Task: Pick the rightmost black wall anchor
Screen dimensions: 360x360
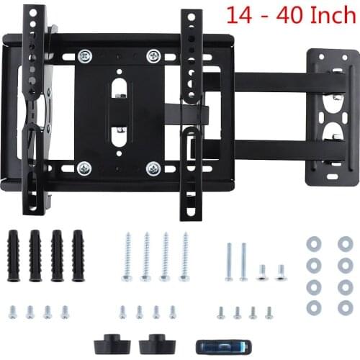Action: pos(77,255)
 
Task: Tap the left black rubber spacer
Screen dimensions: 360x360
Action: pos(109,341)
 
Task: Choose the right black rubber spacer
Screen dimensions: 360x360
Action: pos(152,341)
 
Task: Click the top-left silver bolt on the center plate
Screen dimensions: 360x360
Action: pos(85,55)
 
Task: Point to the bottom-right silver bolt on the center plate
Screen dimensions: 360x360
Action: pos(153,168)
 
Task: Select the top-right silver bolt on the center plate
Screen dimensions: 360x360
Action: pos(153,55)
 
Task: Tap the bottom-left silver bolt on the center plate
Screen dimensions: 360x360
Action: pos(85,168)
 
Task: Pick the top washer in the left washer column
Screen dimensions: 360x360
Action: pos(313,243)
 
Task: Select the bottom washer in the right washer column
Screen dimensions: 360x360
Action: pos(345,307)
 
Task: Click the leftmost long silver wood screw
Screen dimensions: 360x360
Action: pos(127,256)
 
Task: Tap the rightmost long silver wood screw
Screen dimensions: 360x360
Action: pos(184,256)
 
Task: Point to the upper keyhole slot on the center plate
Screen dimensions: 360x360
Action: pos(120,90)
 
